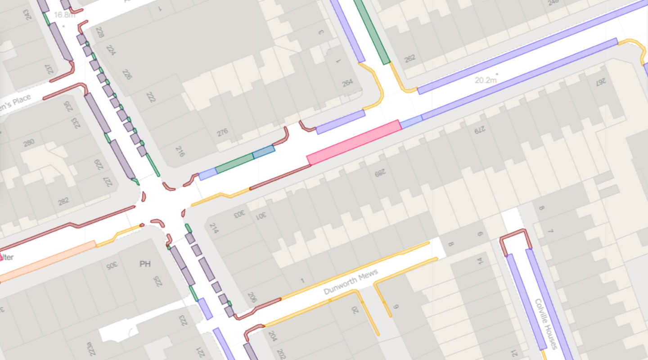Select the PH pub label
point(145,264)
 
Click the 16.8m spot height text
point(64,15)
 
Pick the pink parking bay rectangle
point(354,143)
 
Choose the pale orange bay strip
point(48,262)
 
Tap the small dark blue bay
point(263,152)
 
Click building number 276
point(222,133)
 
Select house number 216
point(180,151)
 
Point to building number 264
point(347,83)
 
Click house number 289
point(380,172)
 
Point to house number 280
point(28,143)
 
